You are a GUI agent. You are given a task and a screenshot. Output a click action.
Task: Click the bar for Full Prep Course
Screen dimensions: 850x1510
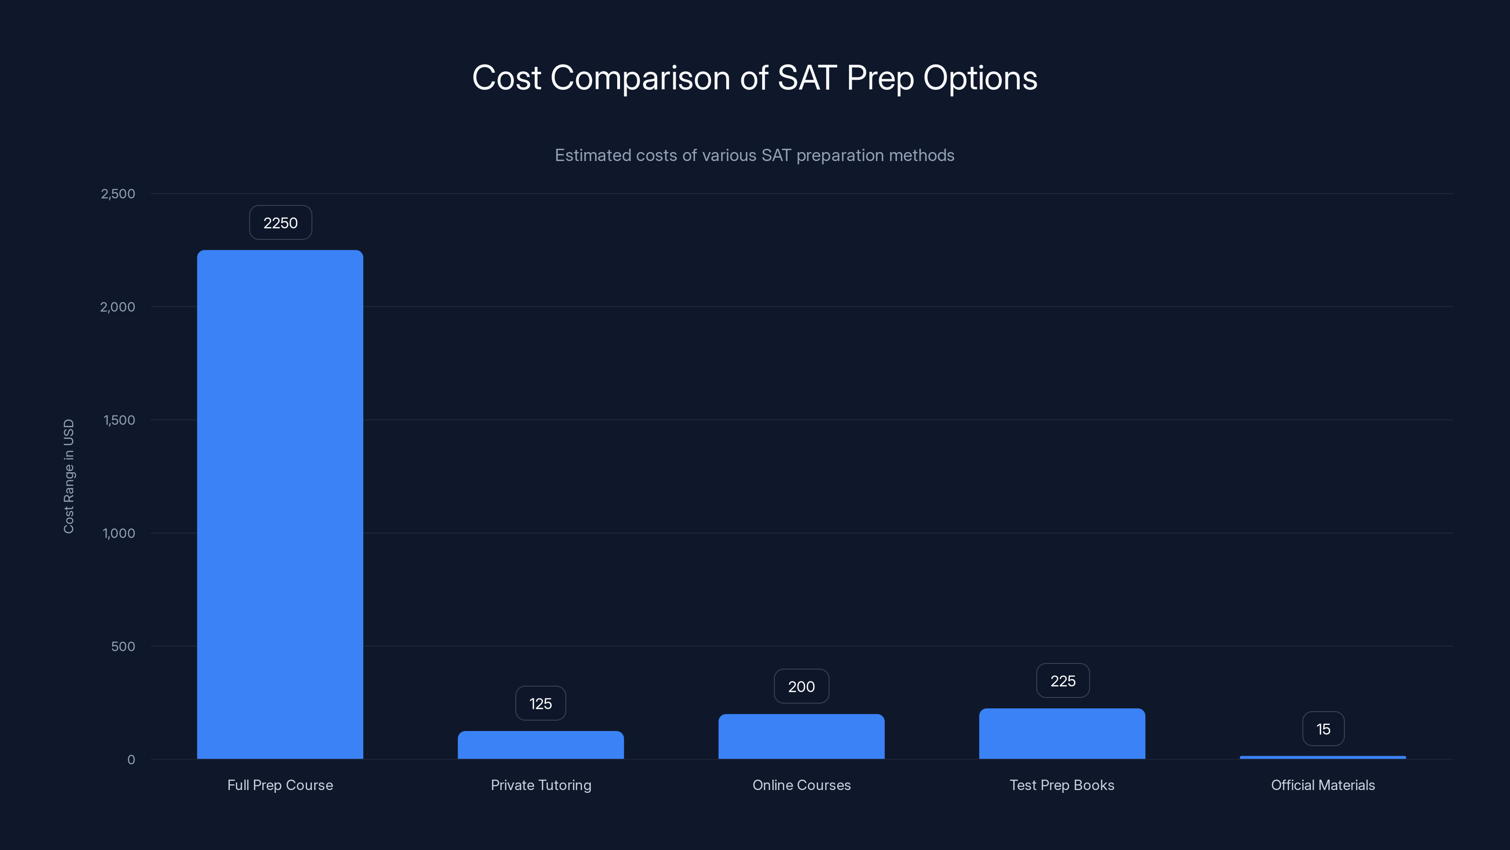click(280, 504)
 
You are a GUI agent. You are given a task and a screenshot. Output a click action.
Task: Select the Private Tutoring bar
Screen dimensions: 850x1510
click(540, 745)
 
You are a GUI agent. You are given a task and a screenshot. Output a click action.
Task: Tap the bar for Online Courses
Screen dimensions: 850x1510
click(801, 736)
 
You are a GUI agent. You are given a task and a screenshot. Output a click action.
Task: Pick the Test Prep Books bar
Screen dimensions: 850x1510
click(1062, 733)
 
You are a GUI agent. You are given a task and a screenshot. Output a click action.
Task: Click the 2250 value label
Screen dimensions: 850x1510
click(280, 223)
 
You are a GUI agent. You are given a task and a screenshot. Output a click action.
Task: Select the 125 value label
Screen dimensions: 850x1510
click(540, 703)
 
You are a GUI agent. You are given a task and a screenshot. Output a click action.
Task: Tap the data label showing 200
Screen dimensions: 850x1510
click(801, 686)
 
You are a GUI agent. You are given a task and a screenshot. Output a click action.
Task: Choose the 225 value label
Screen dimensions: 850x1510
click(1063, 680)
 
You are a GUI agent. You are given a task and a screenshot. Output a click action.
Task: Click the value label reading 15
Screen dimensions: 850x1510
click(1323, 729)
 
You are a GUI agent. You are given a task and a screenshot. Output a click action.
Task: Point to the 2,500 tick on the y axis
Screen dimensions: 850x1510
click(118, 194)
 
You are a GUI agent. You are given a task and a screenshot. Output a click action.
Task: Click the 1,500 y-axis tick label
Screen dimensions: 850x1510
click(119, 420)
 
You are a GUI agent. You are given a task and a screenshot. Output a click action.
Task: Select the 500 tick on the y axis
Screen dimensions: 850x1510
click(123, 646)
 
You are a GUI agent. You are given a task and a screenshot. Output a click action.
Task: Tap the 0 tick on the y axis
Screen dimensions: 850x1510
click(131, 760)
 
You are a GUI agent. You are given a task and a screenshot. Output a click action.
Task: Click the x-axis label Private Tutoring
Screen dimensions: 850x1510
click(540, 785)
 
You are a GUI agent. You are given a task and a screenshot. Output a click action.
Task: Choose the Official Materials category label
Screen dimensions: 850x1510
click(1322, 785)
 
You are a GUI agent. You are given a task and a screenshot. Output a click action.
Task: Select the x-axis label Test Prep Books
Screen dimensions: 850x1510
click(1062, 785)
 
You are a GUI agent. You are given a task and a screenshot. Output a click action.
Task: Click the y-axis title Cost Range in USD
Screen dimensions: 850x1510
click(68, 476)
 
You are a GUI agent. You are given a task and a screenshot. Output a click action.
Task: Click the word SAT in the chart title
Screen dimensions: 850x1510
click(806, 77)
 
